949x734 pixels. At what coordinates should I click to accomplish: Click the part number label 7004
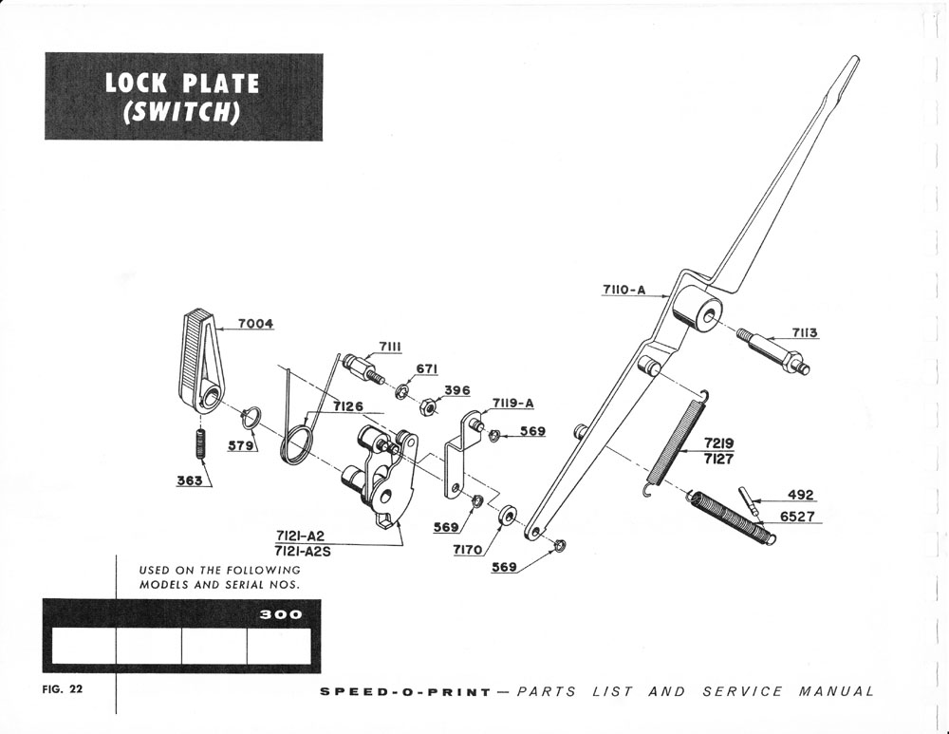click(x=255, y=324)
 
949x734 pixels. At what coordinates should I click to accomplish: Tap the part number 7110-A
click(x=623, y=291)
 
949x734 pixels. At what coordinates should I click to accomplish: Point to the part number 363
click(x=189, y=480)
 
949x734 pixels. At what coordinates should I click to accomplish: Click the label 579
click(x=241, y=443)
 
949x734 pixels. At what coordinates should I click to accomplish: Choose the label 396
click(x=457, y=390)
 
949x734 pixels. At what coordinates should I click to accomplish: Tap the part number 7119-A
click(x=512, y=403)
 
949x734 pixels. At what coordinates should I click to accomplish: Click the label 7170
click(x=468, y=550)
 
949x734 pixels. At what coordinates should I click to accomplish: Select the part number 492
click(x=801, y=495)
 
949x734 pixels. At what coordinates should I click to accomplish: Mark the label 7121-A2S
click(x=303, y=551)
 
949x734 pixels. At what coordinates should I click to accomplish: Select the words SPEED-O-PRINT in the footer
click(x=406, y=691)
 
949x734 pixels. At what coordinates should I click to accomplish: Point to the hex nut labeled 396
click(x=427, y=407)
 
